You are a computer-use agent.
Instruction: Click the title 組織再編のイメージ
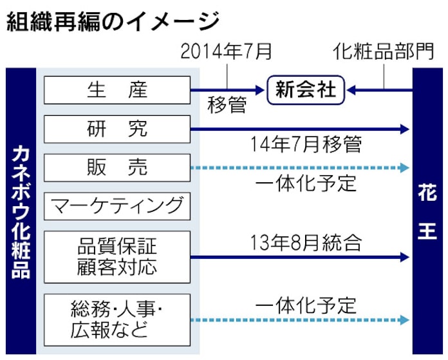tap(113, 22)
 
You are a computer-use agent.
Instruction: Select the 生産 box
tap(117, 90)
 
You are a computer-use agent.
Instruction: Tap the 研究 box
tap(117, 129)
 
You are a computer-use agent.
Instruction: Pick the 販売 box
tap(117, 167)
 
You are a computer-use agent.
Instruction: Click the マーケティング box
tap(117, 207)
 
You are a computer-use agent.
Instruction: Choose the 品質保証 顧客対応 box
tap(117, 257)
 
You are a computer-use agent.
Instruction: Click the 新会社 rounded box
tap(306, 90)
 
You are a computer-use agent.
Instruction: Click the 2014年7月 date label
tap(227, 52)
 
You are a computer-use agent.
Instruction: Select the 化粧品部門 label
tap(383, 52)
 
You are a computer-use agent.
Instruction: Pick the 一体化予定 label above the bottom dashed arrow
tap(305, 304)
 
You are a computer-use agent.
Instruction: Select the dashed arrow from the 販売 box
tap(299, 168)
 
